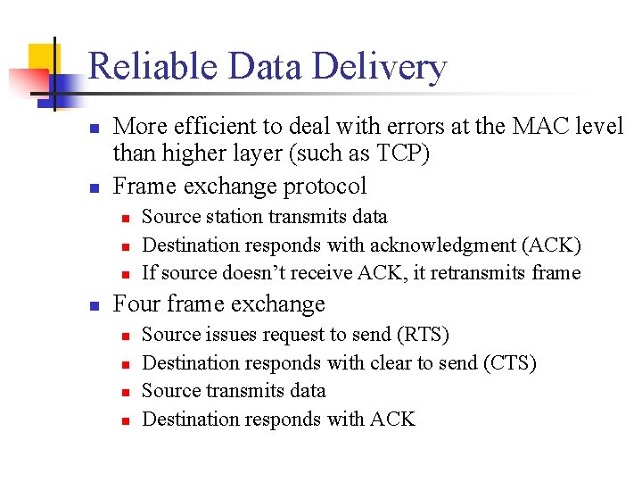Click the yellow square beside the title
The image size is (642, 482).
coord(40,58)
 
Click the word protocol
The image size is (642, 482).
coord(323,186)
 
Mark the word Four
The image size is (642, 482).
coord(137,304)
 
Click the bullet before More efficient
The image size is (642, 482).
coord(94,129)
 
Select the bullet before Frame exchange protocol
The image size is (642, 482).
coord(94,187)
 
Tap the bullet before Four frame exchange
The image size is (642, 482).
coord(94,305)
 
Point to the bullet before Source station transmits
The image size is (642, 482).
coord(126,218)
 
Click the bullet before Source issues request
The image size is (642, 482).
coord(126,337)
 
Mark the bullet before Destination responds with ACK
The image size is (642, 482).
coord(126,420)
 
